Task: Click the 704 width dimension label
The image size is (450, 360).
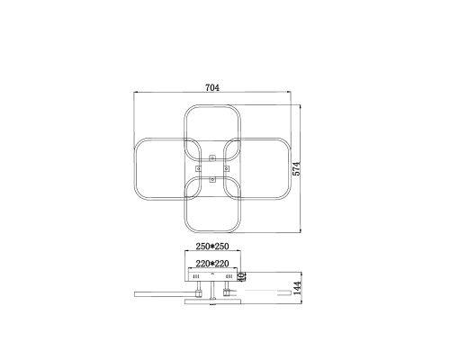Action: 212,87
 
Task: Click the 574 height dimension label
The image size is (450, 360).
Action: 296,168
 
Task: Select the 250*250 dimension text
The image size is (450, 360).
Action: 212,247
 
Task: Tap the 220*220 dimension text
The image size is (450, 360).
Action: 212,264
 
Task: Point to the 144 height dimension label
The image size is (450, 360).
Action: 297,288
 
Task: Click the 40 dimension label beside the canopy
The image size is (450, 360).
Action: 242,276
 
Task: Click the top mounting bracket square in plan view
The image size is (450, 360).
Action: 212,157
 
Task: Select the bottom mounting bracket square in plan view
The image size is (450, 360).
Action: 212,180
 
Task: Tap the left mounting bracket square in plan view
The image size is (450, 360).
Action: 198,168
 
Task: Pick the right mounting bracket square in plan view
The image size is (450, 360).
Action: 227,168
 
